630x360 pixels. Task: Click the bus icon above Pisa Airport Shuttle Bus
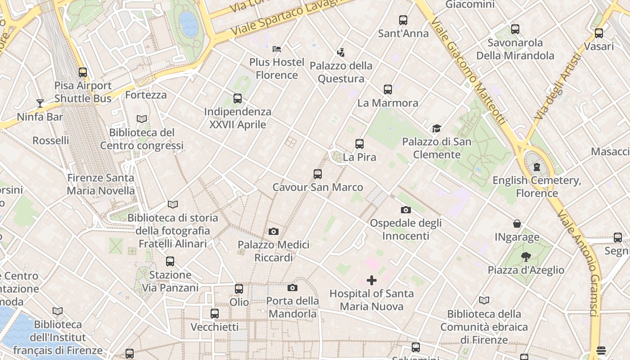click(x=83, y=72)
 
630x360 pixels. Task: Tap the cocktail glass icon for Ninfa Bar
click(x=40, y=103)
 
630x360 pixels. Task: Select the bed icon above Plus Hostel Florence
click(x=277, y=49)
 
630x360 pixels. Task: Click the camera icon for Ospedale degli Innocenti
click(x=405, y=210)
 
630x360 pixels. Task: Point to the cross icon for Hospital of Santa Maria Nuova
click(x=372, y=280)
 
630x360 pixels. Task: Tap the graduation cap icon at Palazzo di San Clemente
click(x=436, y=129)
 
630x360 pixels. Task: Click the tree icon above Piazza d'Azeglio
click(x=526, y=257)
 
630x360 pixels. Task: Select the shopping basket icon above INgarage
click(x=517, y=224)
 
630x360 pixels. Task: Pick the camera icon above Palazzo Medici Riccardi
click(x=273, y=232)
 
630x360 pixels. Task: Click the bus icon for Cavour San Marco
click(x=318, y=174)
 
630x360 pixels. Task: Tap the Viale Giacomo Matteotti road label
click(x=468, y=72)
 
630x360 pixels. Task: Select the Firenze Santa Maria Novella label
click(x=101, y=184)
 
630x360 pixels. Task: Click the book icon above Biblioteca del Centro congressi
click(x=142, y=119)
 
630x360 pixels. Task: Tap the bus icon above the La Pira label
click(x=359, y=144)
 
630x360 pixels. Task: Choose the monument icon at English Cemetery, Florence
click(x=536, y=167)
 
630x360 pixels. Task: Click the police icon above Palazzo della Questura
click(x=341, y=52)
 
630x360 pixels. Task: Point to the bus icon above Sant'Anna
click(x=403, y=20)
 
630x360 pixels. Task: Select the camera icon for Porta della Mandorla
click(x=292, y=288)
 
